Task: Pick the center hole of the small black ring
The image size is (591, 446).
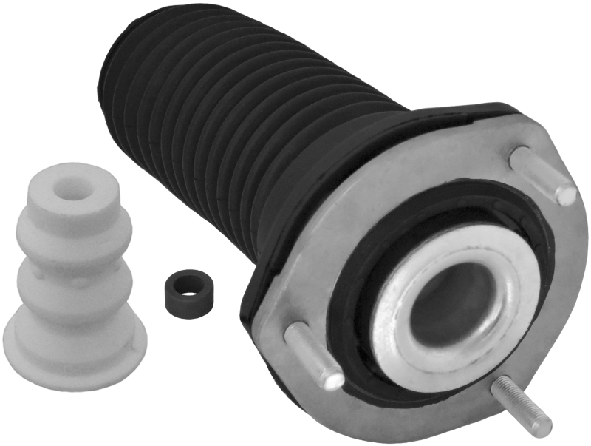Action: click(185, 283)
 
